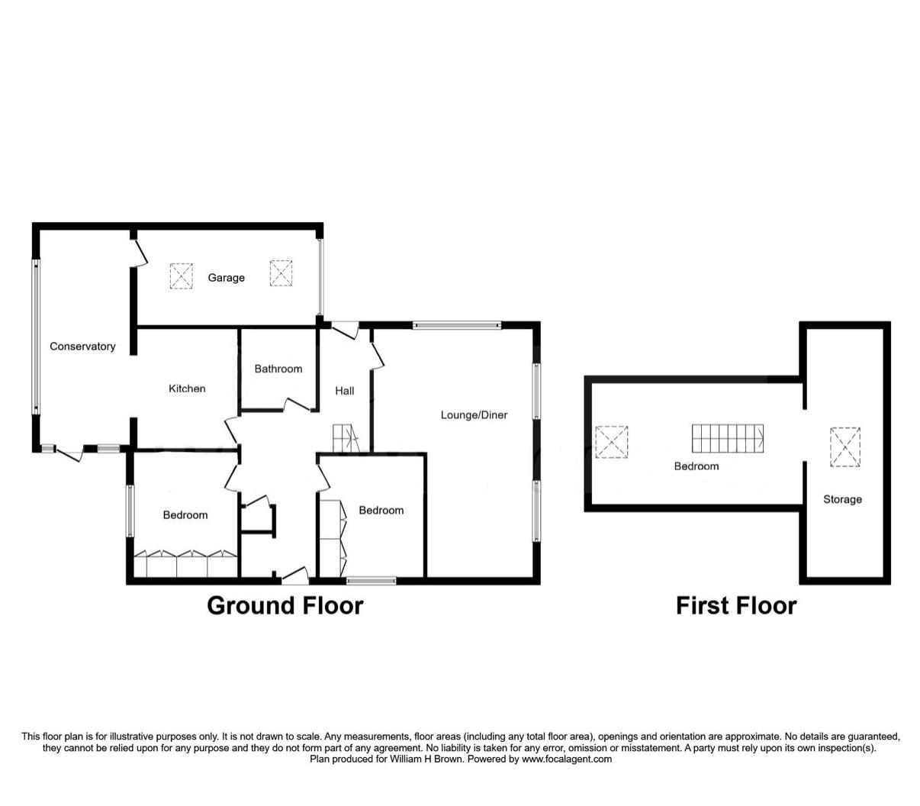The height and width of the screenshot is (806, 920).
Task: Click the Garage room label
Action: (226, 278)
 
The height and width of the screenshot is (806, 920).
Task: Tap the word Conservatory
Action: (82, 347)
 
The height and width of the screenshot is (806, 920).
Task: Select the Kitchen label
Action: (187, 388)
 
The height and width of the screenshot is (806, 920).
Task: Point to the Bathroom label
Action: (278, 369)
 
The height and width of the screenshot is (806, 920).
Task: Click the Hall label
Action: (344, 391)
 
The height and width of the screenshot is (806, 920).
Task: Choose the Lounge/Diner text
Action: (474, 414)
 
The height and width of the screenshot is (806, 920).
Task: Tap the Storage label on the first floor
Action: (842, 499)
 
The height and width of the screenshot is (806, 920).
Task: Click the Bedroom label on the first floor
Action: (696, 466)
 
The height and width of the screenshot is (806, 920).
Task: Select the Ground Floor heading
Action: (285, 605)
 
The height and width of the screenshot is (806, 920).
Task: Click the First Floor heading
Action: (735, 605)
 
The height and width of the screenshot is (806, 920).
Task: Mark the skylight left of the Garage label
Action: (181, 276)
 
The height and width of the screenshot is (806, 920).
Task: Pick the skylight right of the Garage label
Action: (281, 273)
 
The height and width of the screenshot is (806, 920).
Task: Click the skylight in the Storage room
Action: (844, 447)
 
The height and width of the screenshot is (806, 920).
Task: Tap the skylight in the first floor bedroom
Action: (612, 441)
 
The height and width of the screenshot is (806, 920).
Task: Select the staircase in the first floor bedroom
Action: (728, 438)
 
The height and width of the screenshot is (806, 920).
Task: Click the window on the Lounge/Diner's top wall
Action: (457, 325)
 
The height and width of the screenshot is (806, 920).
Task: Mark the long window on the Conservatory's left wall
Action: (35, 337)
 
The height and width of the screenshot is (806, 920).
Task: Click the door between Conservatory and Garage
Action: (137, 252)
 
